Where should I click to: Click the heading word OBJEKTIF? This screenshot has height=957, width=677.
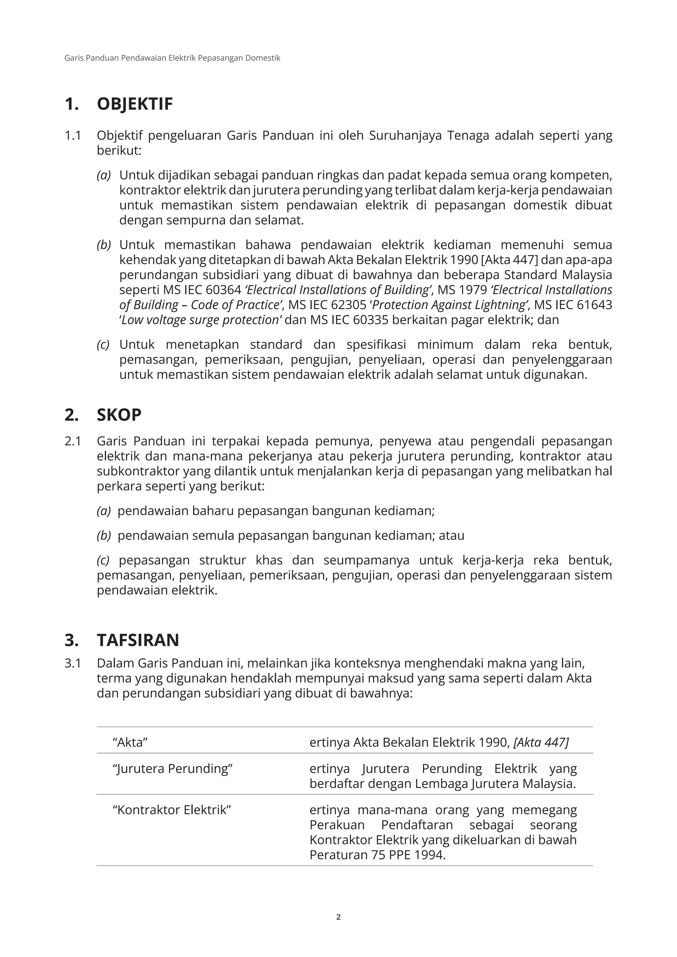[x=135, y=104]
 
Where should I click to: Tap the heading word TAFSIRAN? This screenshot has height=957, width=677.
[x=138, y=640]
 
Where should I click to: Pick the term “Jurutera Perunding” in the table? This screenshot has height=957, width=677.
[x=172, y=769]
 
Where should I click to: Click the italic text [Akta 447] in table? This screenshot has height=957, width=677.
[x=541, y=742]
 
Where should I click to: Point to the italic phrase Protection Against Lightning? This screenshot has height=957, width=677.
[x=448, y=305]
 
